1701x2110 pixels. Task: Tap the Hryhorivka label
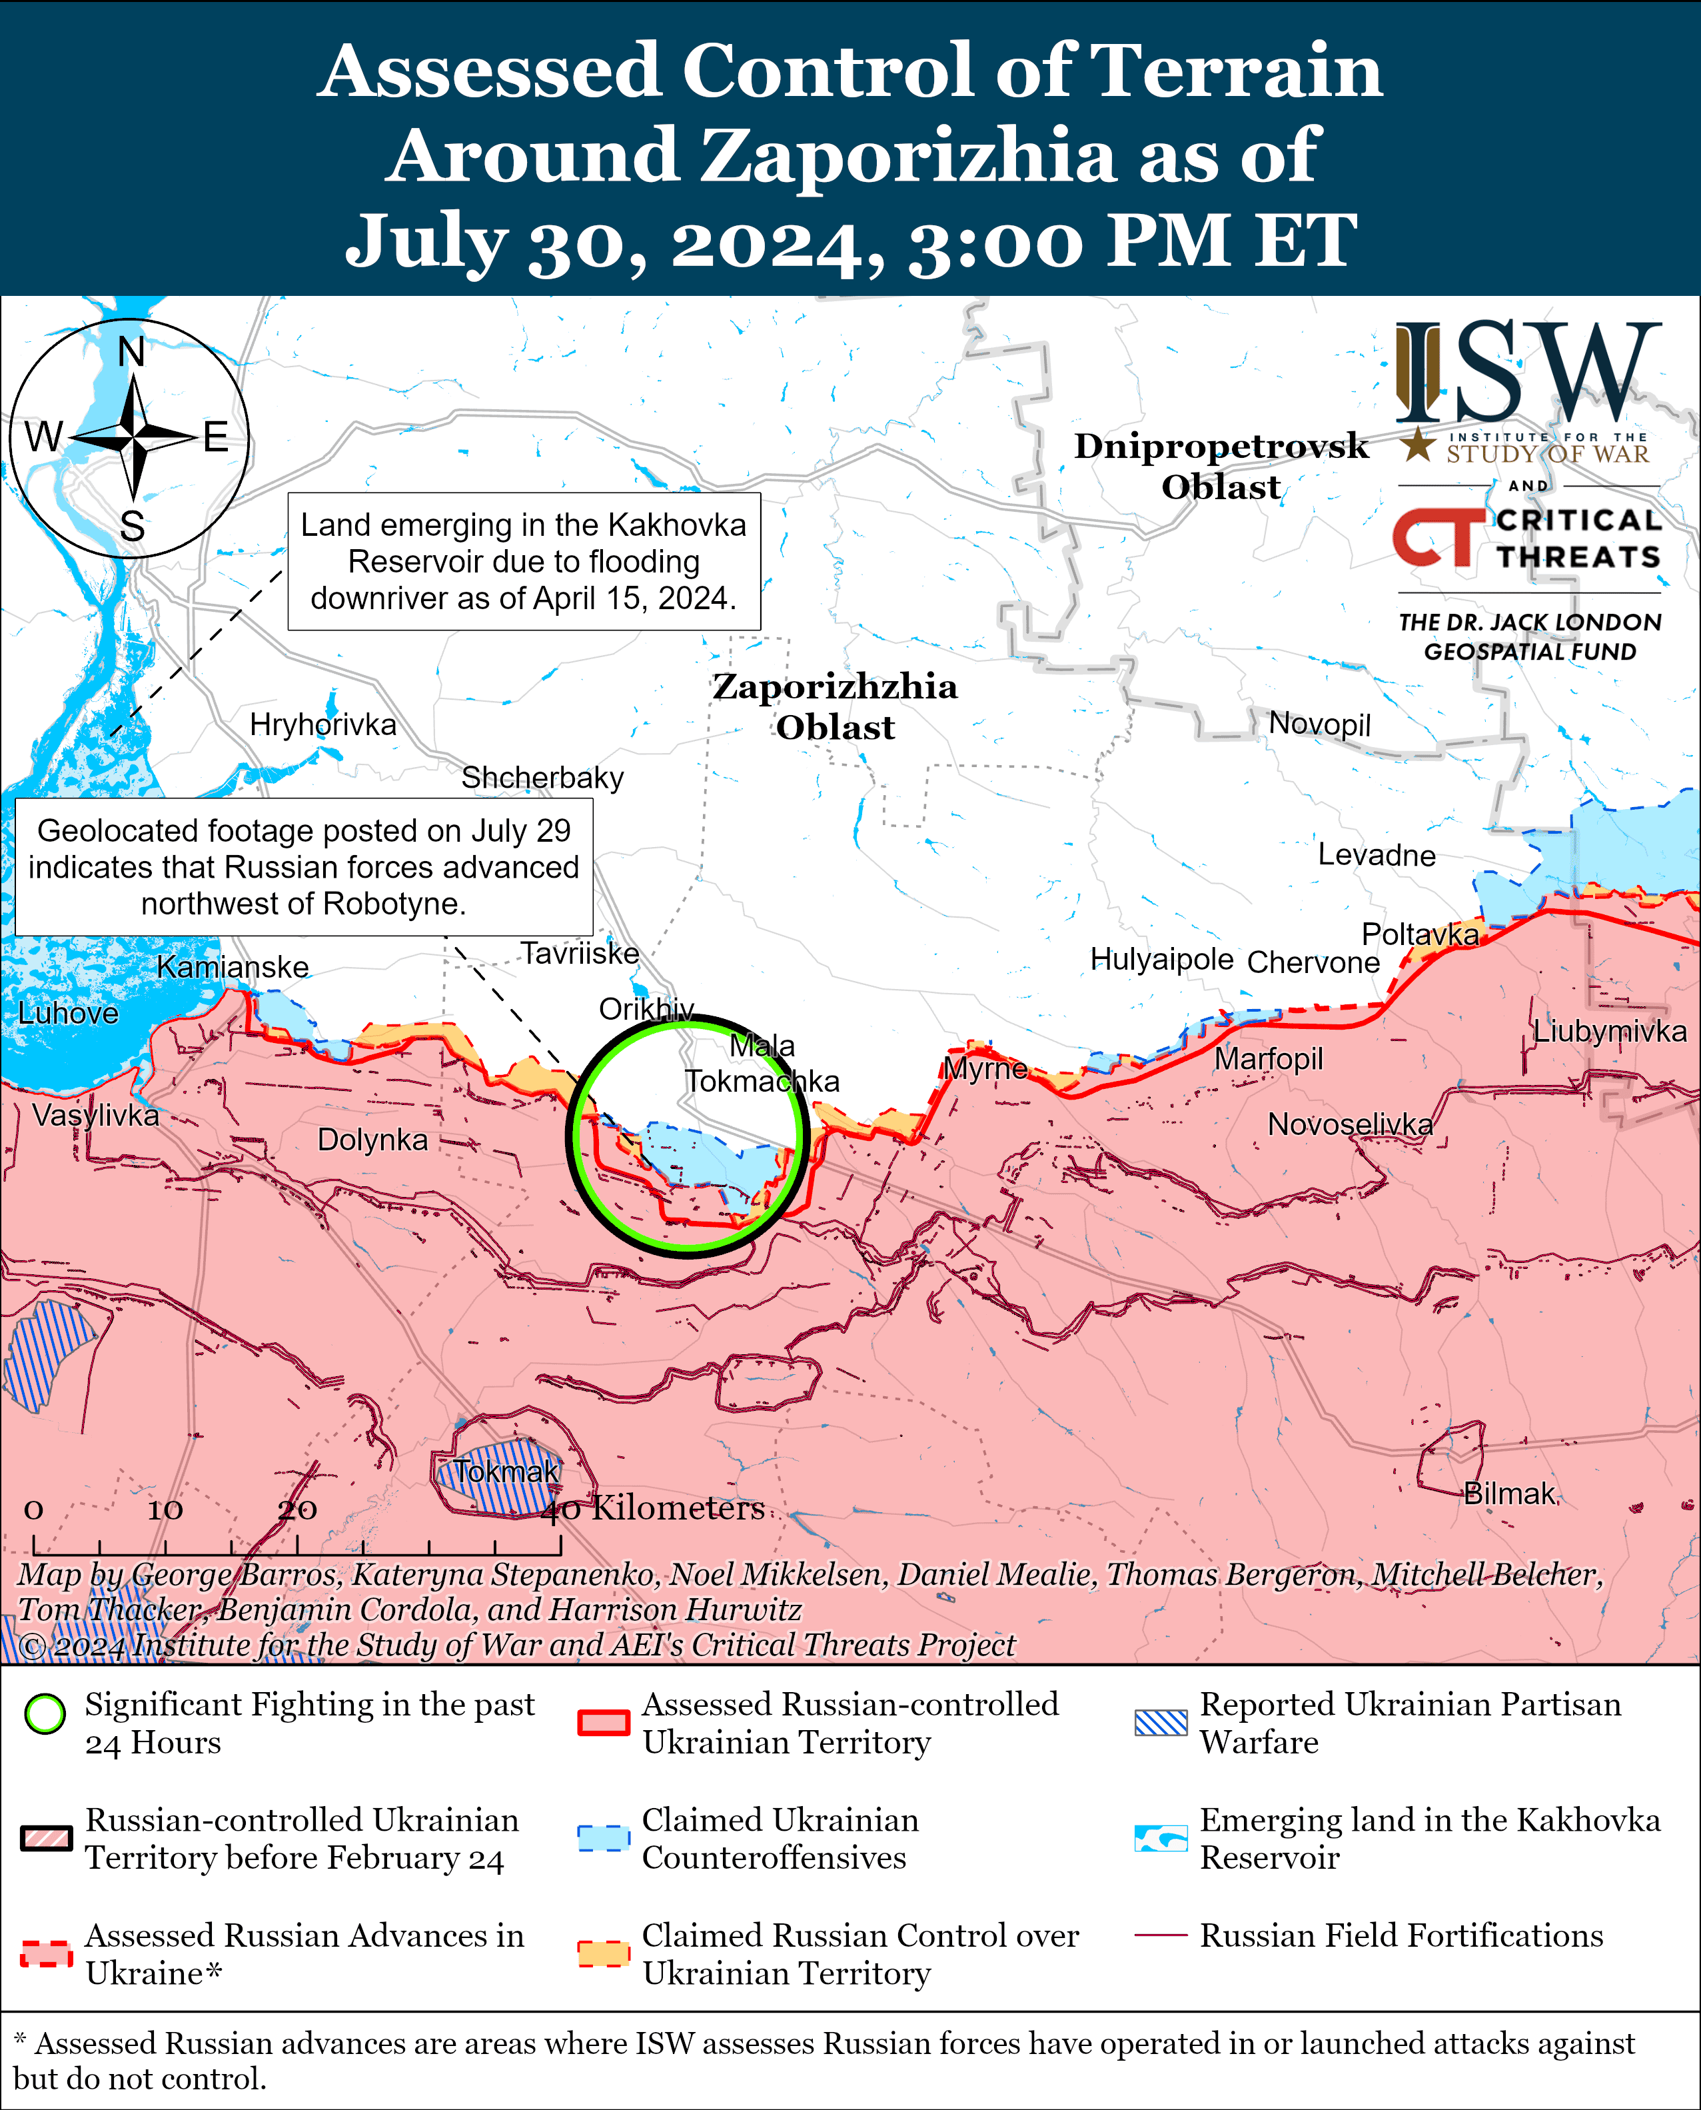pos(322,724)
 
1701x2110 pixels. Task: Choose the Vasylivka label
pos(95,1115)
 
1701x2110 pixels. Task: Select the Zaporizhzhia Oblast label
pos(835,706)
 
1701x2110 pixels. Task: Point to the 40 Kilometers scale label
pos(654,1508)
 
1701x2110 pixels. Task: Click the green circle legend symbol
pos(45,1714)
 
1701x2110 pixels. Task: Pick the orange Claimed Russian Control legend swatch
pos(602,1953)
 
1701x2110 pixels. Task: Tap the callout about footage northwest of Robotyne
pos(304,866)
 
